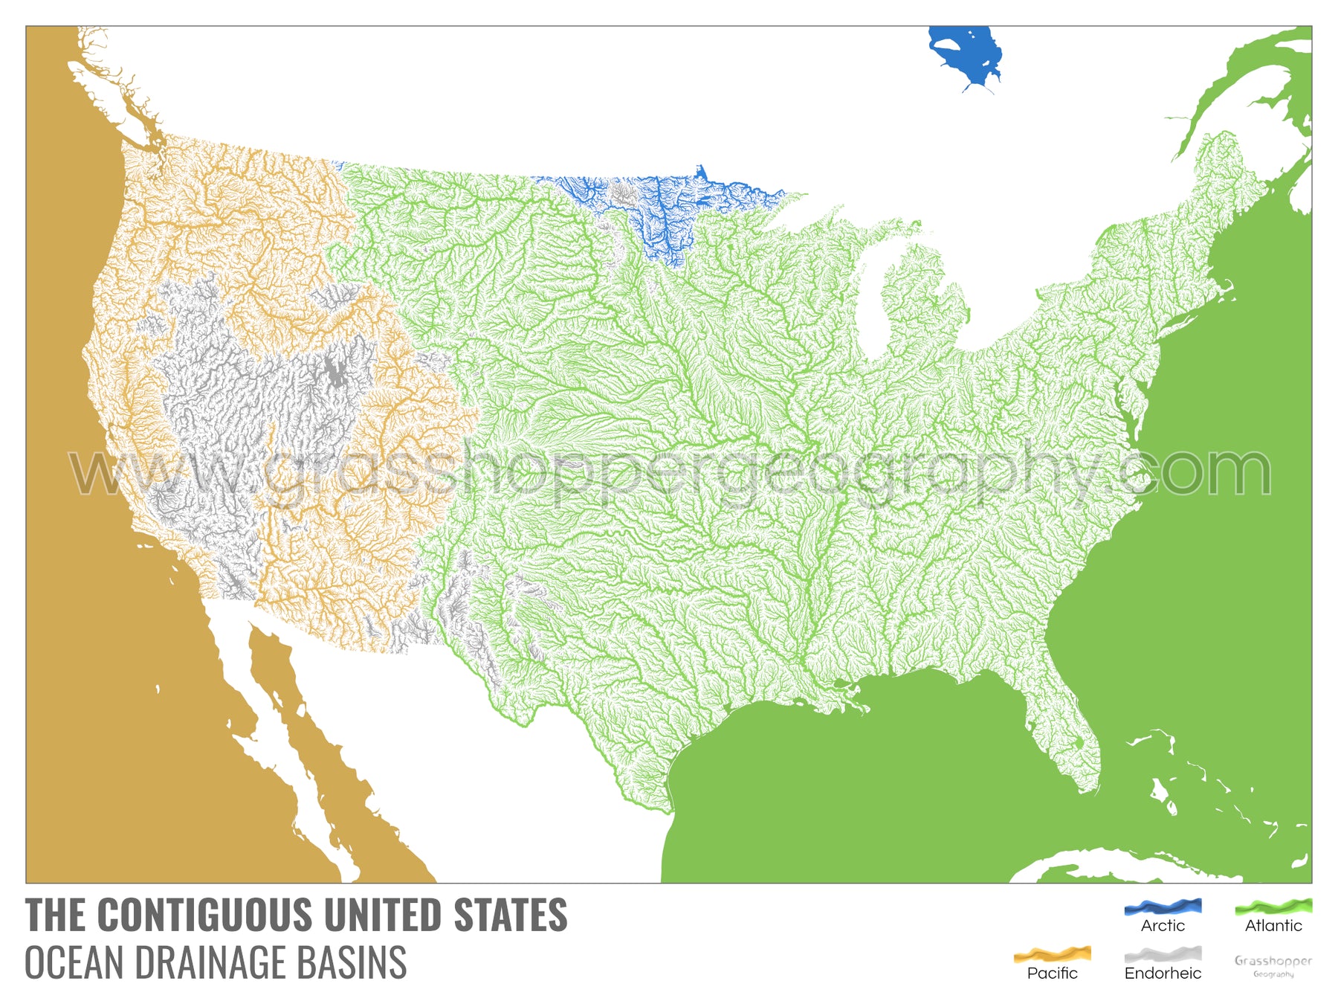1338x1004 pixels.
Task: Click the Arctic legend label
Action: [x=1163, y=926]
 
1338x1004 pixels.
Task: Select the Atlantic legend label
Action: [x=1273, y=926]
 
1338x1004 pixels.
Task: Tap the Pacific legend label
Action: [x=1052, y=974]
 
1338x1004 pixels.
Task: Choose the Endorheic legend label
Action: [x=1163, y=974]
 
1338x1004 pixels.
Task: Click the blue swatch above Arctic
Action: [x=1163, y=907]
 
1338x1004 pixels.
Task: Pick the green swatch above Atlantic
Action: [x=1273, y=907]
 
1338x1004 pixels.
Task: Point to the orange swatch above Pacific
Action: [x=1052, y=954]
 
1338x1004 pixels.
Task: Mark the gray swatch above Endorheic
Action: [x=1163, y=954]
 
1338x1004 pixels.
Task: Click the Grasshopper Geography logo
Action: [x=1273, y=965]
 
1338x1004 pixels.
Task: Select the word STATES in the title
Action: [x=511, y=915]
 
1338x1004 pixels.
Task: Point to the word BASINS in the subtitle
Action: [x=352, y=963]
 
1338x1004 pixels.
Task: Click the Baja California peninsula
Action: [x=297, y=729]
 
